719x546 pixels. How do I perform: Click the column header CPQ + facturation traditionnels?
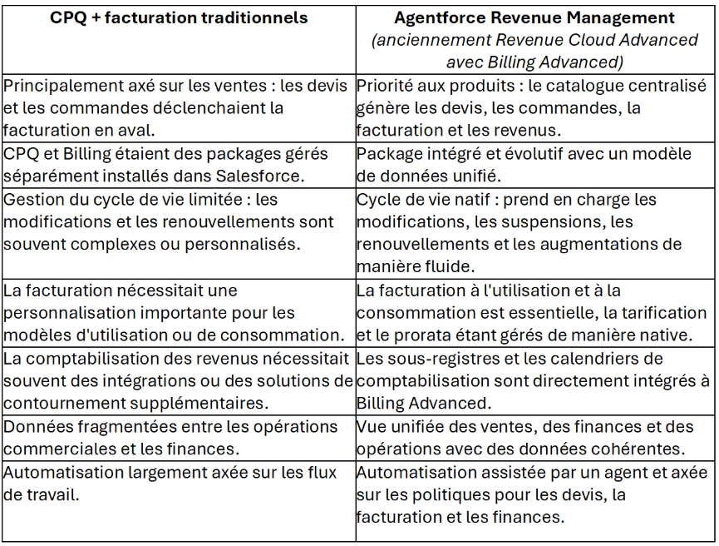(179, 17)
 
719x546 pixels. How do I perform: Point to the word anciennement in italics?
(422, 40)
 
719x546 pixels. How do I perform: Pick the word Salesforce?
(259, 176)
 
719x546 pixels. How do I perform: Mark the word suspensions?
(559, 222)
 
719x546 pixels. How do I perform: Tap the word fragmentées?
(117, 427)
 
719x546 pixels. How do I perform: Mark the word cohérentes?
(647, 449)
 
